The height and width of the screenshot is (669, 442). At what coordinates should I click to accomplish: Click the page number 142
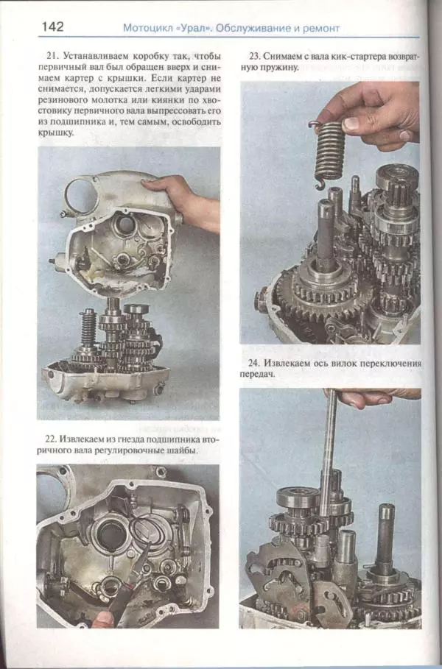point(52,27)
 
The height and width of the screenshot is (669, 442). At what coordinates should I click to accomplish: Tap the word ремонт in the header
point(320,29)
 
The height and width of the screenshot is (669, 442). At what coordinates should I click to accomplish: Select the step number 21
point(52,56)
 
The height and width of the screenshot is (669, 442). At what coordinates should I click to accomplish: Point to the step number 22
point(51,439)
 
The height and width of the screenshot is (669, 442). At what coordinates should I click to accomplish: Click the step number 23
point(255,56)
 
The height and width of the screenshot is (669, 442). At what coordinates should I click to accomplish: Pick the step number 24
point(255,364)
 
